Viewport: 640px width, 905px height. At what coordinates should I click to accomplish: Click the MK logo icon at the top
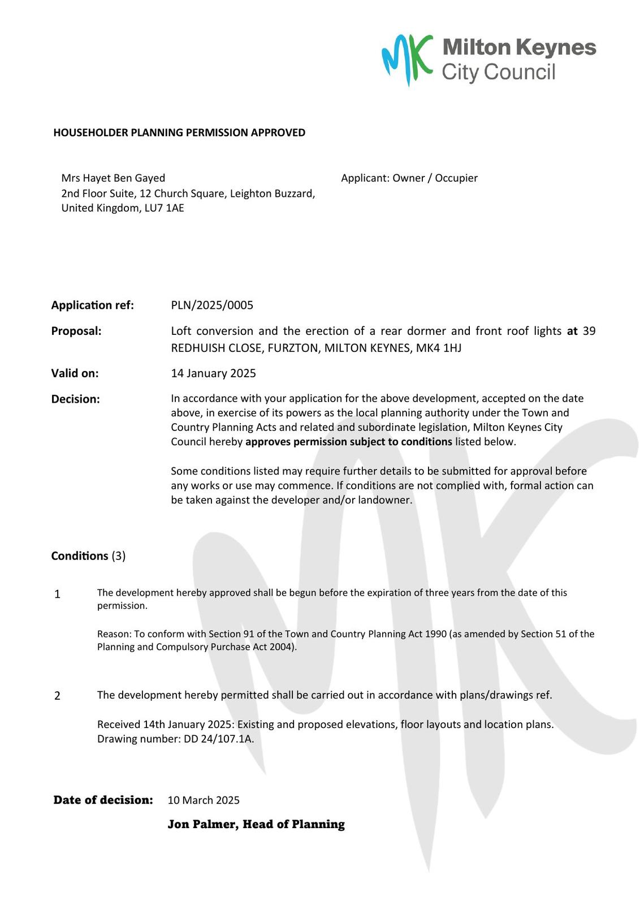click(407, 58)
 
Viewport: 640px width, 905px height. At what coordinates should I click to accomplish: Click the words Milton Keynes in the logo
click(519, 48)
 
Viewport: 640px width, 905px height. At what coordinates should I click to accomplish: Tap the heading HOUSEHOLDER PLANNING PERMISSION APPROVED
click(179, 132)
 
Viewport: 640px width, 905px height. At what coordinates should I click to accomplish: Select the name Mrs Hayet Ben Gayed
click(113, 178)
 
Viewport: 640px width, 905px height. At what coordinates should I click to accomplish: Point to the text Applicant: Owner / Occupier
click(409, 178)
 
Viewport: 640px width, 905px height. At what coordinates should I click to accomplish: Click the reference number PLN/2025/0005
click(212, 305)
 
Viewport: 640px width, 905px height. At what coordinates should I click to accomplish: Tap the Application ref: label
click(93, 305)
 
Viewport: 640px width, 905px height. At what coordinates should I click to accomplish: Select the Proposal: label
click(76, 331)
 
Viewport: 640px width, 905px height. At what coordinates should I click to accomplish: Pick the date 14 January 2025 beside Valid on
click(213, 373)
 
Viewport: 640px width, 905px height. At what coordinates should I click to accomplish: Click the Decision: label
click(75, 399)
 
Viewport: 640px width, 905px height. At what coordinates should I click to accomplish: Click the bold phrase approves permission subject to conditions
click(348, 442)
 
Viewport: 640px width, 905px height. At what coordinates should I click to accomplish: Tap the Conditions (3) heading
click(88, 556)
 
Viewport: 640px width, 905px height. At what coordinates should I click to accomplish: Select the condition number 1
click(57, 594)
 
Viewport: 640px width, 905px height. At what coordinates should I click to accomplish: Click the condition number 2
click(57, 696)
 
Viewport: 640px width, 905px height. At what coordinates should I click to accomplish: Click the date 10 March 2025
click(204, 800)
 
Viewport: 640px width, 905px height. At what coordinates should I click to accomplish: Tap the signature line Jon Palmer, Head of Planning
click(256, 825)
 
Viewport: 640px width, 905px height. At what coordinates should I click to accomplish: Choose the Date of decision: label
click(103, 800)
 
